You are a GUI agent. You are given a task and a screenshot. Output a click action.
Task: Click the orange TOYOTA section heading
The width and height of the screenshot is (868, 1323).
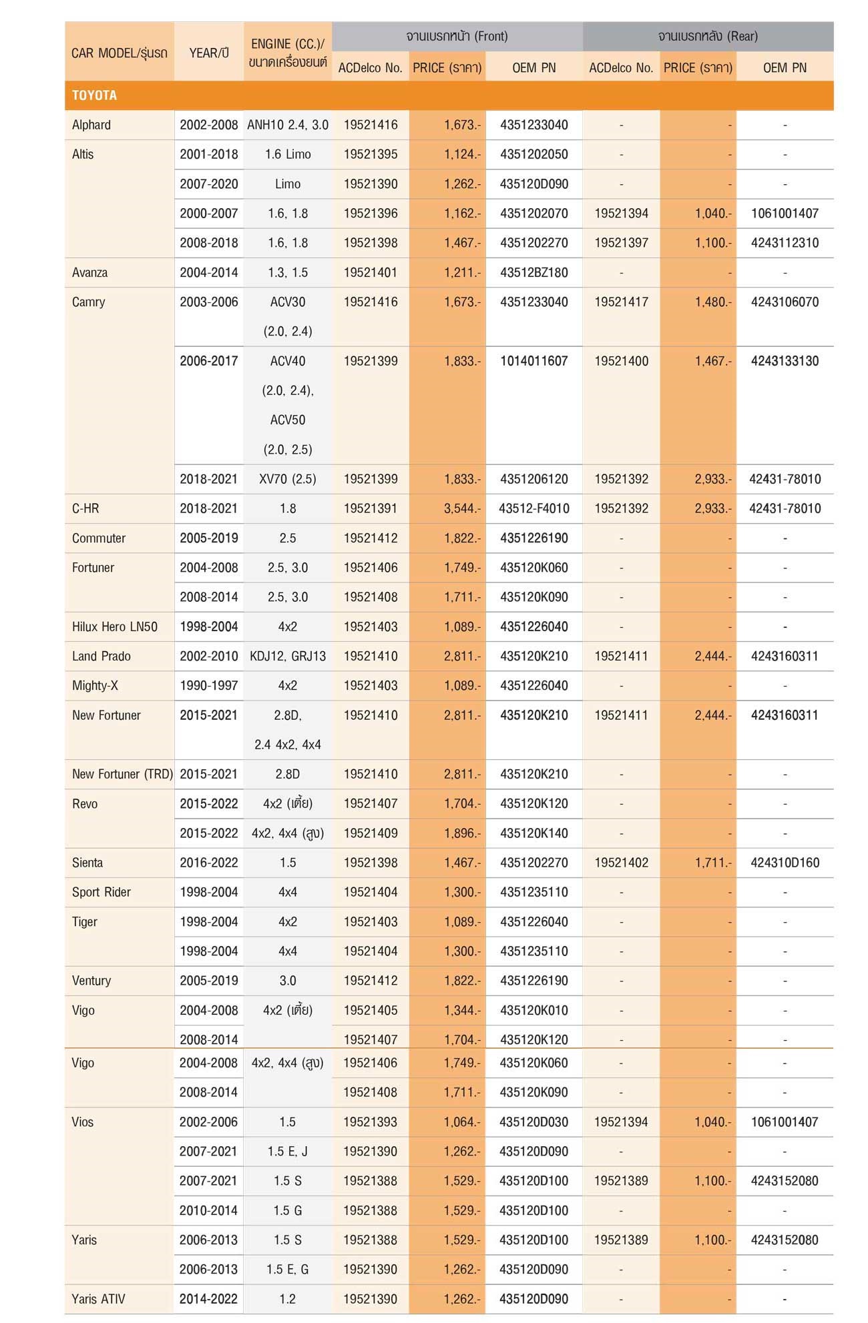[x=94, y=95]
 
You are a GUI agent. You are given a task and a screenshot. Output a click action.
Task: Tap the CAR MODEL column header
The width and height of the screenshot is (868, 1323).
[x=119, y=53]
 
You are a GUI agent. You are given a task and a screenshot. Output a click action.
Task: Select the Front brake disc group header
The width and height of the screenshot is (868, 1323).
[x=457, y=36]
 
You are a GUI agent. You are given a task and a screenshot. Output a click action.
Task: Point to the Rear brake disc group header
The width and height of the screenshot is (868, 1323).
[x=708, y=36]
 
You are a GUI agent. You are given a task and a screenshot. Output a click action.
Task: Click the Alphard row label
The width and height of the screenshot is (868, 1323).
[x=91, y=125]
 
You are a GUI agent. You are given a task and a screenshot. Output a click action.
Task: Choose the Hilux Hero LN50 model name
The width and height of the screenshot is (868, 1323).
[x=115, y=626]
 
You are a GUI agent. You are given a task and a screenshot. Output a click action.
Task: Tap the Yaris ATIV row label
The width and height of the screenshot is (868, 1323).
[x=98, y=1299]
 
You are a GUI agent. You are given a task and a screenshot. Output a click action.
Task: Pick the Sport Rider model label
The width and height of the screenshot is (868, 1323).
[x=101, y=892]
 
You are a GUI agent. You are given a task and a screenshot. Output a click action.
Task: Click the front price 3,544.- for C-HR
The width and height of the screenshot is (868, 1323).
[x=462, y=508]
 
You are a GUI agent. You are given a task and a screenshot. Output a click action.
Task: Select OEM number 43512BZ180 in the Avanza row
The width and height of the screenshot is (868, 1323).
[x=533, y=272]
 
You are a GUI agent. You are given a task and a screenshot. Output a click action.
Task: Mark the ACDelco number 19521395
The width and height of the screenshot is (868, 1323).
[x=371, y=154]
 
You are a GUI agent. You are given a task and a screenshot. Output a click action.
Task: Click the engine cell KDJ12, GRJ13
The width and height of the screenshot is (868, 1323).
[x=288, y=656]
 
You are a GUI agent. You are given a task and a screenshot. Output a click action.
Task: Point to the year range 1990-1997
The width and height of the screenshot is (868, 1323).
[x=209, y=685]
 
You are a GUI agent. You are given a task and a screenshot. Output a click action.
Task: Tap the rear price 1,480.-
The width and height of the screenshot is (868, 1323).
[x=713, y=302]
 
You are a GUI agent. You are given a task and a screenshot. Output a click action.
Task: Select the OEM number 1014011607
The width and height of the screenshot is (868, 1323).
[x=533, y=361]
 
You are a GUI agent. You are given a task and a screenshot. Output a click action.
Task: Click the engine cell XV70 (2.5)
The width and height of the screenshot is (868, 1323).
[x=288, y=479]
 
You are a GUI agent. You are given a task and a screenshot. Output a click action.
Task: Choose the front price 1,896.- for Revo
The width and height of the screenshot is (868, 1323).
[x=462, y=833]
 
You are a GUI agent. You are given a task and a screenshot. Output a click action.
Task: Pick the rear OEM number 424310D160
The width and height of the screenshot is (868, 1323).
[x=785, y=863]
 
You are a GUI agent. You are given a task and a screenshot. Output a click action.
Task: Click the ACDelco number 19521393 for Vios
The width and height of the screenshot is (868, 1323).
[x=370, y=1122]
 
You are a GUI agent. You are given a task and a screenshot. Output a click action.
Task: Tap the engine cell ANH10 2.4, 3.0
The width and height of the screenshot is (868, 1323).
[x=288, y=125]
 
